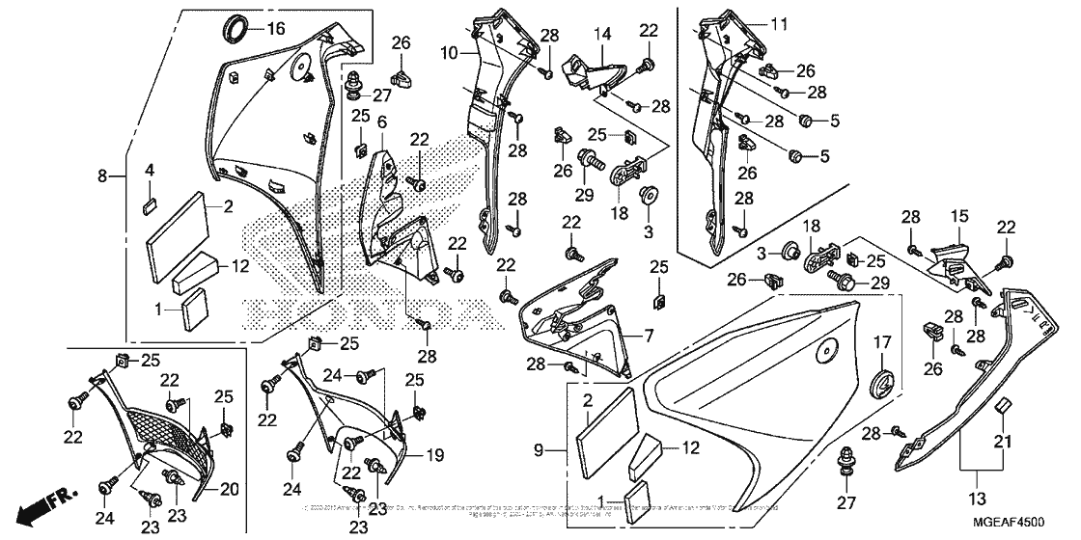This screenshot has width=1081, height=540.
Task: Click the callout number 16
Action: pyautogui.click(x=276, y=29)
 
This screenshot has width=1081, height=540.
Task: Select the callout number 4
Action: pyautogui.click(x=150, y=171)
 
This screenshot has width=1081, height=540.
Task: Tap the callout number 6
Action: pyautogui.click(x=381, y=121)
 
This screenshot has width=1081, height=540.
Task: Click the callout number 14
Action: pyautogui.click(x=602, y=33)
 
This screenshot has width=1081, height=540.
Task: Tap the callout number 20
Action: pyautogui.click(x=228, y=489)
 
